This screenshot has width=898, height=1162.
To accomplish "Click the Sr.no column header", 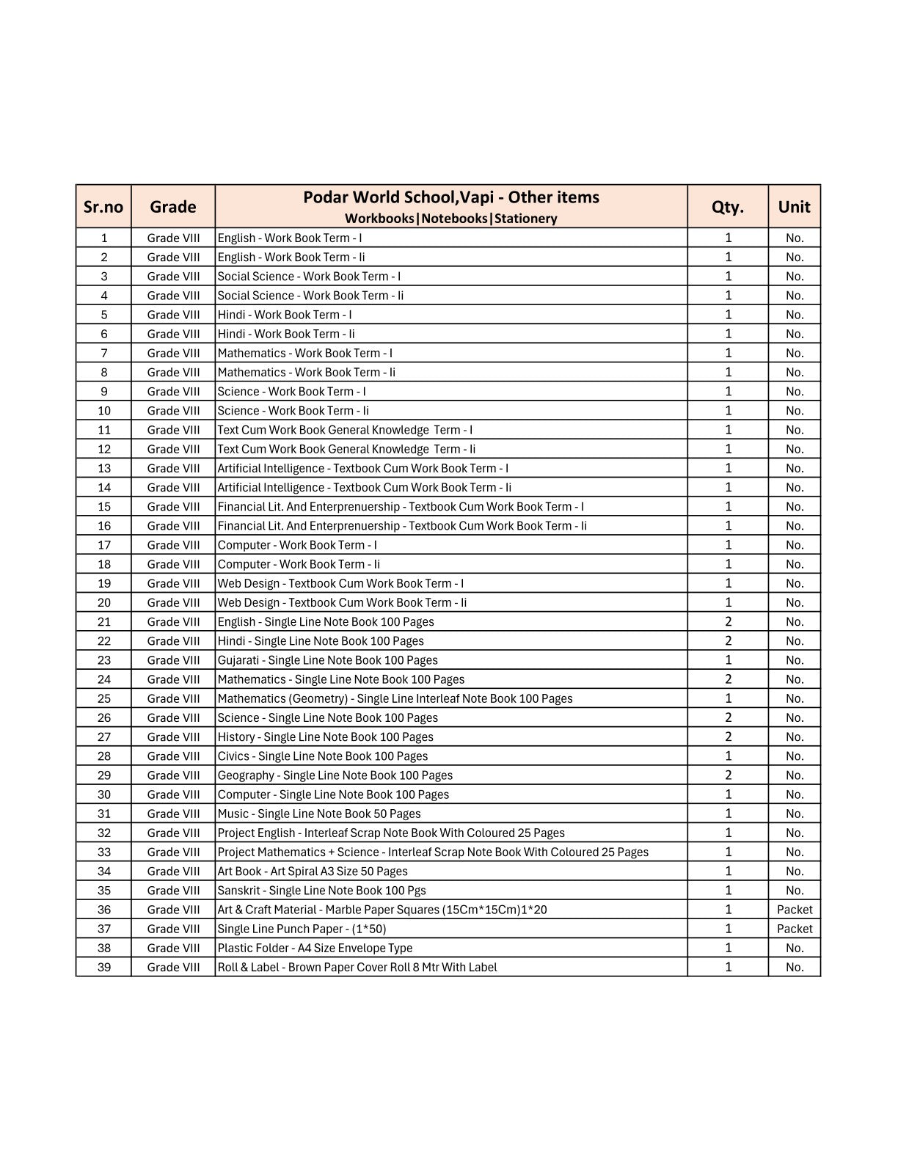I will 103,207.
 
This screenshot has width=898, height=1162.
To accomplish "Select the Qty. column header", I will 728,207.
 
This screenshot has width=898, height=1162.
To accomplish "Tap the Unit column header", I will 795,207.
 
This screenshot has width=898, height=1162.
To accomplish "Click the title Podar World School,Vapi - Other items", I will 451,197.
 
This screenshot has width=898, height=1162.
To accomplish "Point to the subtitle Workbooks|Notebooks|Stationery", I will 451,219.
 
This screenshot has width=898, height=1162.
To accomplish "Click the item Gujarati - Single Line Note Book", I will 327,660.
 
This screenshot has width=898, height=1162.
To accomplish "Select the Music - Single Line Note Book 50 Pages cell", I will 319,814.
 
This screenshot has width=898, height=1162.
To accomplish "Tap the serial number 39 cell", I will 104,967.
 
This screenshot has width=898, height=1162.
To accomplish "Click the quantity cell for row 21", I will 728,622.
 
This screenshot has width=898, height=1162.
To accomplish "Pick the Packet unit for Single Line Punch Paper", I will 795,929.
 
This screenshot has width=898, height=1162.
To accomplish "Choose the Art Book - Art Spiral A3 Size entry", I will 313,871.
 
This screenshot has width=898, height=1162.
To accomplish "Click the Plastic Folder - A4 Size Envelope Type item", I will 315,948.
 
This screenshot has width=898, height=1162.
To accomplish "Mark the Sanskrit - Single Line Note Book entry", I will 321,891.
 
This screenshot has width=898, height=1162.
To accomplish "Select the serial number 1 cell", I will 104,238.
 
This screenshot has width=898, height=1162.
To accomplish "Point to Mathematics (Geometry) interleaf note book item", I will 395,698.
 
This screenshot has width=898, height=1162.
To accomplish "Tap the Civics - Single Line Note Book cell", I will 323,756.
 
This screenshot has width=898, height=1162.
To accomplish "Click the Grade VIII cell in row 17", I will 173,545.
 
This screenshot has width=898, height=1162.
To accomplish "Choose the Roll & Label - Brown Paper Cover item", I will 357,967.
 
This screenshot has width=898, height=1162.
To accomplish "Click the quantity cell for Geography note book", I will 728,775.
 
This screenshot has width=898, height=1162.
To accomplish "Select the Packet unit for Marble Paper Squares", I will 795,910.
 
